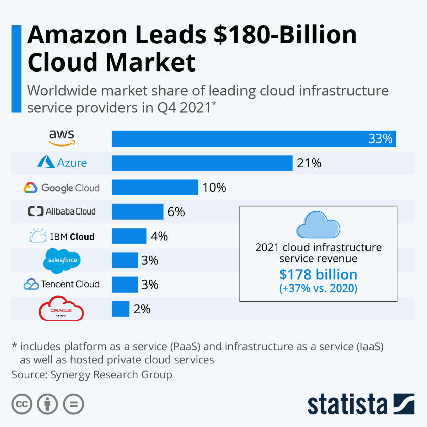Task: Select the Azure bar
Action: pos(202,163)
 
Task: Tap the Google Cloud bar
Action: pos(155,187)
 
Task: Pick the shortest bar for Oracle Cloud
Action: pos(120,309)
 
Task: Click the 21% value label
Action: pos(309,163)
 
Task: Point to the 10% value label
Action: pos(214,188)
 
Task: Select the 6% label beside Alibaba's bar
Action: pos(176,212)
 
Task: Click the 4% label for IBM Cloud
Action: pos(159,236)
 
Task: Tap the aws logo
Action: pos(62,137)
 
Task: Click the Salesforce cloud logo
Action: pos(62,260)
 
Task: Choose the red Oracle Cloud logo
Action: pos(62,309)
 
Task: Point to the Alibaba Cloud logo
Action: pos(62,211)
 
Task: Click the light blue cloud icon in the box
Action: pos(318,224)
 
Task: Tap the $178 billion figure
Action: pos(318,274)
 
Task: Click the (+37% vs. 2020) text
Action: pos(318,289)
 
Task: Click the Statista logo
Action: pos(360,404)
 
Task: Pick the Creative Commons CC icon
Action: pos(22,404)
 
